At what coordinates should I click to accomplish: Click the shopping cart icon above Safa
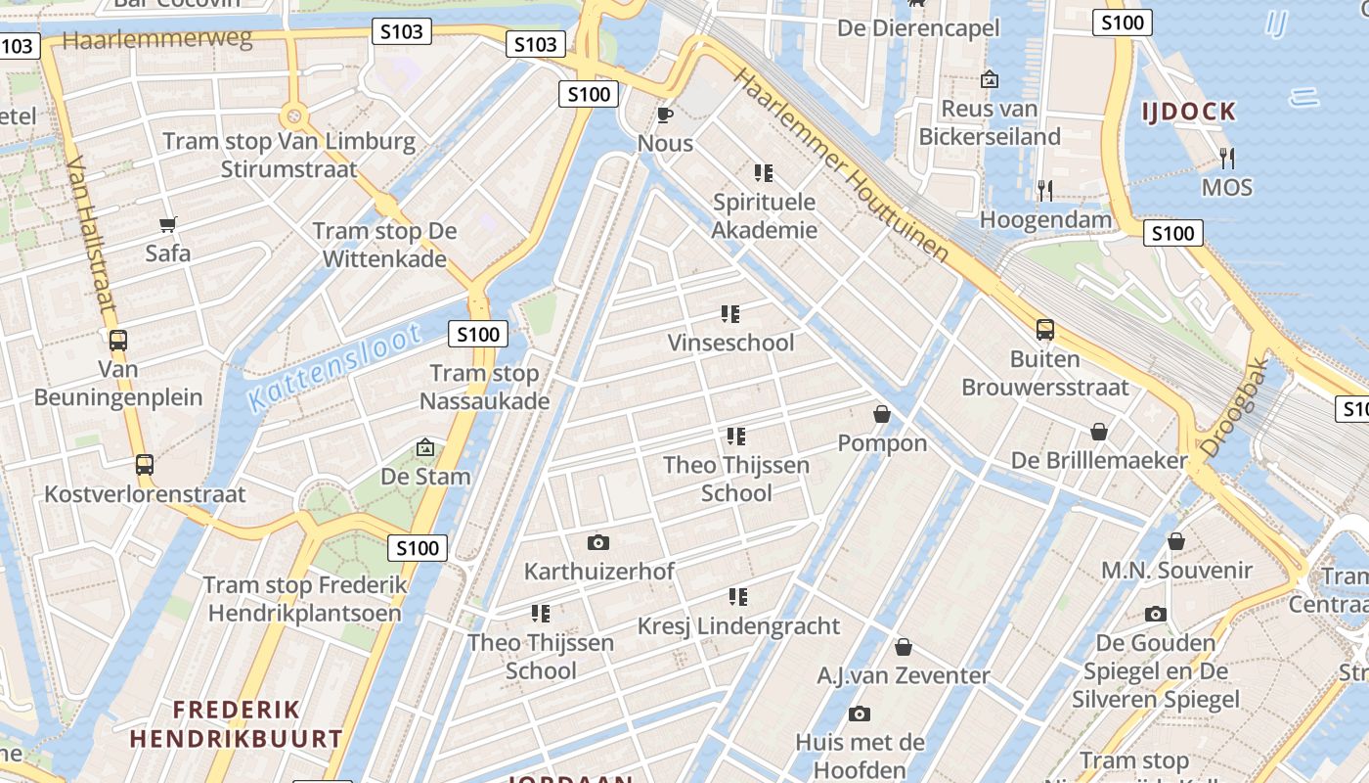pos(167,225)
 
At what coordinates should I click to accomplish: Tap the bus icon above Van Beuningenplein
pos(118,341)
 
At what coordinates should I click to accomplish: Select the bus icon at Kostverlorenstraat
pos(145,465)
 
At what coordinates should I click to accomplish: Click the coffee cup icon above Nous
pos(665,115)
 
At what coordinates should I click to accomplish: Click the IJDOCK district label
pos(1188,112)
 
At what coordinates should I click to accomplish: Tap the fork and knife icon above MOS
pos(1226,158)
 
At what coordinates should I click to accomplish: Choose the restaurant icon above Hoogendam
pos(1045,190)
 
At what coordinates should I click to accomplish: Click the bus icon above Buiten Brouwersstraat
pos(1045,330)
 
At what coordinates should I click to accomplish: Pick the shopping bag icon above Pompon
pos(882,414)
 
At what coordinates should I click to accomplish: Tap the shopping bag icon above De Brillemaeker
pos(1099,432)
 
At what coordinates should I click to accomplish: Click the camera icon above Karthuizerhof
pos(598,542)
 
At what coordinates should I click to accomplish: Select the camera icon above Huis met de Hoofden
pos(860,714)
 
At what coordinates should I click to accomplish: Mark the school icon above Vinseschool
pos(730,314)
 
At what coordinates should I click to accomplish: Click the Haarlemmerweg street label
pos(157,39)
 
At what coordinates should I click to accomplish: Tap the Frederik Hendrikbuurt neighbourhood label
pos(236,723)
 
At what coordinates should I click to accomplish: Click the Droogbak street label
pos(1234,408)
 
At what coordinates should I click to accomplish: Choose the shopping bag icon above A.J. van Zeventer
pos(904,647)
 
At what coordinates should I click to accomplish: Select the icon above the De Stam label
pos(425,448)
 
